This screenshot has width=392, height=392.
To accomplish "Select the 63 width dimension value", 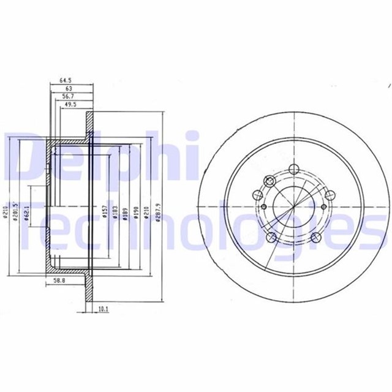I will click(69, 88).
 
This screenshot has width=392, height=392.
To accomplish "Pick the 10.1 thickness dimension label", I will click(104, 309).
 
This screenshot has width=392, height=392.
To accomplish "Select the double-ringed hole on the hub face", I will click(268, 181).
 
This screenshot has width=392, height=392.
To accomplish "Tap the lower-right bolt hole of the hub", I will click(315, 238).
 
